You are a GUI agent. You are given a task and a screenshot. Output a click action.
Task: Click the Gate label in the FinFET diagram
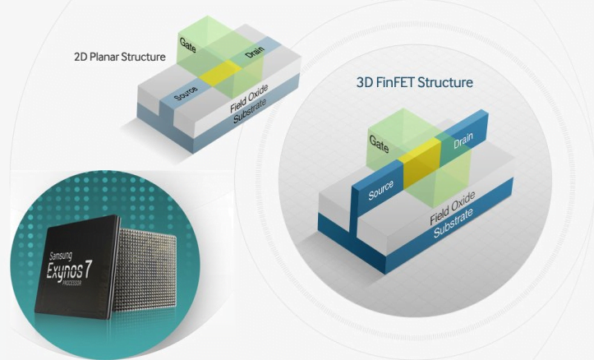[380, 144]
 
